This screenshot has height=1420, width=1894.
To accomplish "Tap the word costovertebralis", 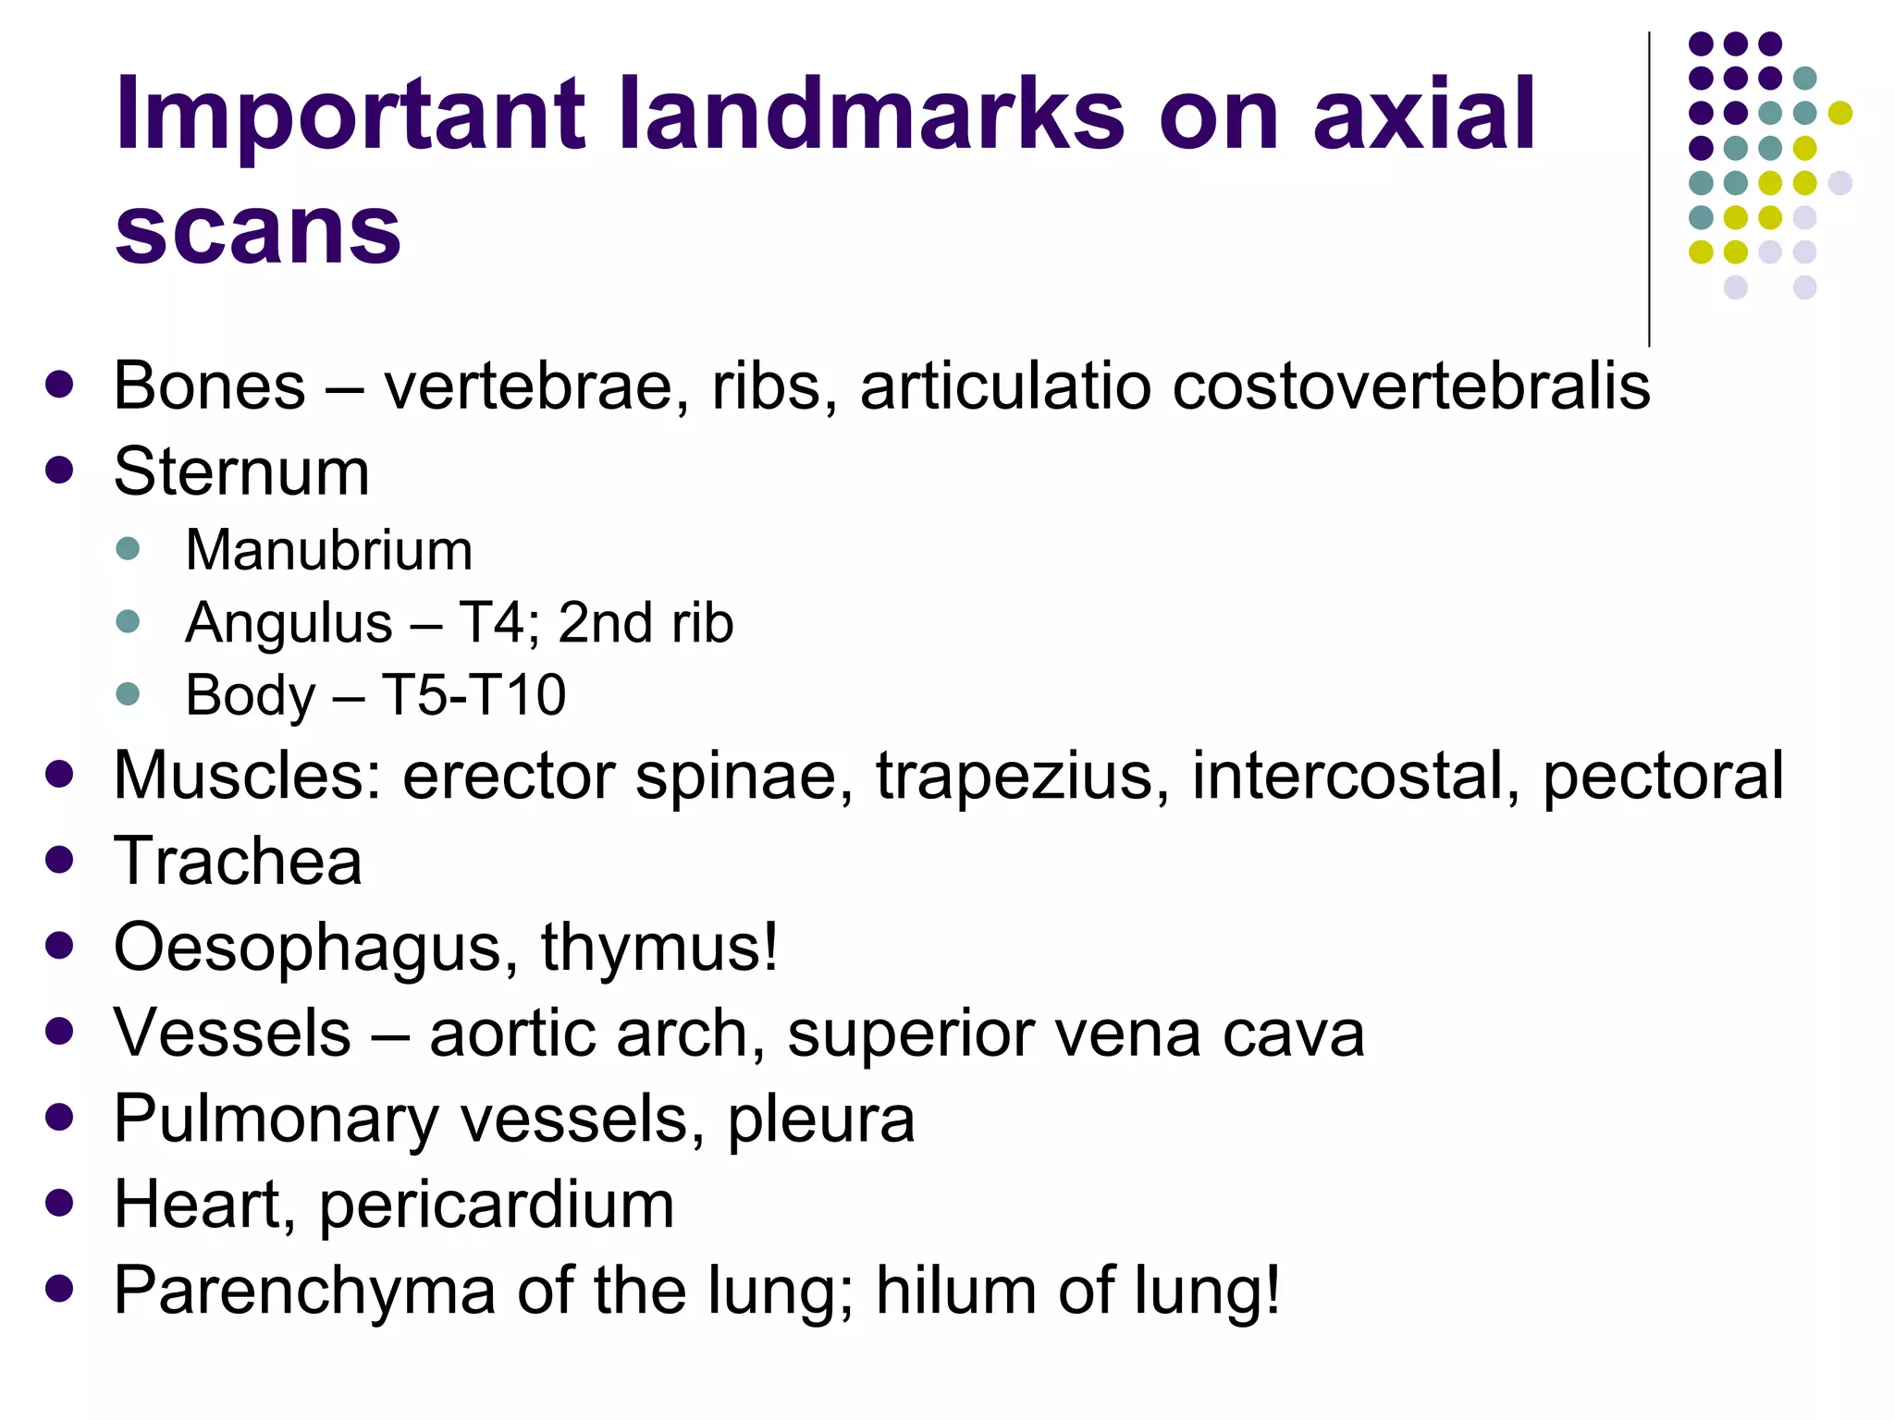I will (x=1411, y=386).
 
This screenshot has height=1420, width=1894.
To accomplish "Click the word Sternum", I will (x=241, y=471).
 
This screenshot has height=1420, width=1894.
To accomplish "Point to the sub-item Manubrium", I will (x=329, y=551).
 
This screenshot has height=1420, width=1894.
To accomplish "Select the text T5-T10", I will (x=473, y=695).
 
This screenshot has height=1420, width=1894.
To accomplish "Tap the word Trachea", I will (x=238, y=862).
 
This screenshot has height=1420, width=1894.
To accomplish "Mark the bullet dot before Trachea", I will (x=59, y=861).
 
